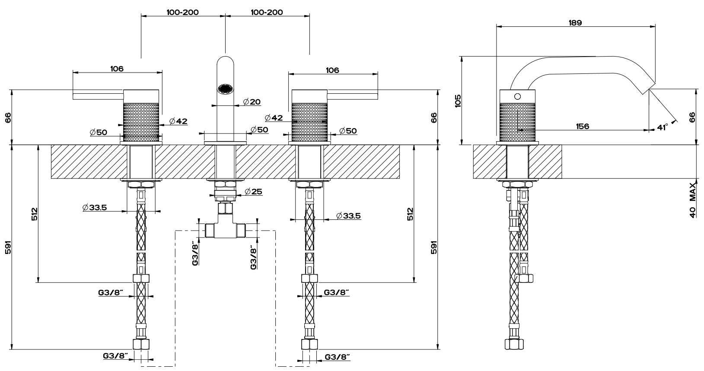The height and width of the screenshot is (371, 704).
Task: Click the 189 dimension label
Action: coord(576,22)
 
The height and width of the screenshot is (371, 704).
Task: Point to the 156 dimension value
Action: coord(583,126)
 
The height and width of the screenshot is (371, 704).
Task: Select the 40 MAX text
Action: coord(693,200)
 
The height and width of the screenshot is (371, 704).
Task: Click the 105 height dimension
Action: coord(459,101)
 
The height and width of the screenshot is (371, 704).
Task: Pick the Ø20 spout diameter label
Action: coord(252,102)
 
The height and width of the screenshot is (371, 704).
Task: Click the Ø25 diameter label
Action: coord(253,191)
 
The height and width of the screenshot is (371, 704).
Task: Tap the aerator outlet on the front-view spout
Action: coord(225,89)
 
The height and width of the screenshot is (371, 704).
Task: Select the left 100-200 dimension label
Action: coord(183,12)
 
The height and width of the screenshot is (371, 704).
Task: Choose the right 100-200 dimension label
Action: coord(267,12)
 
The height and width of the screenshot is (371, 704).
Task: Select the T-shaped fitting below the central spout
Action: coord(225,228)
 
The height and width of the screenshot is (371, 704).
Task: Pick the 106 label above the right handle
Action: coord(332,70)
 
